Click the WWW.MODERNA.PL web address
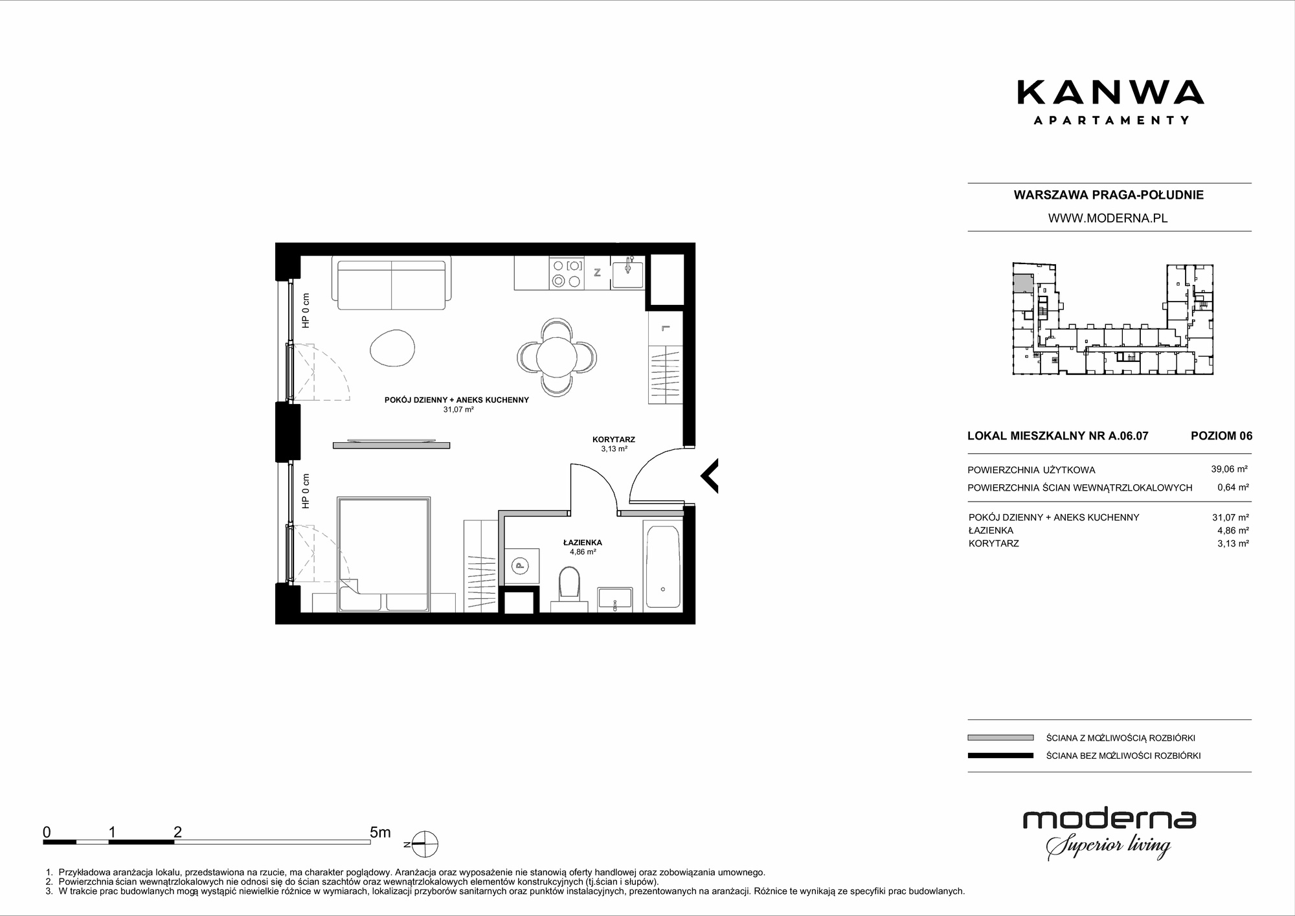tap(1108, 219)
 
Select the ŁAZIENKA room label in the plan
tap(583, 542)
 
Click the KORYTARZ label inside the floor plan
tap(614, 440)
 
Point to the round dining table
tap(557, 357)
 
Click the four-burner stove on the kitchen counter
tap(566, 273)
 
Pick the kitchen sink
tap(627, 274)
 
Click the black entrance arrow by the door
tap(709, 476)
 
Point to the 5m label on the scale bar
tap(380, 832)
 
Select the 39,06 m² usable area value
tap(1230, 469)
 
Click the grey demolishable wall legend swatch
tap(1000, 737)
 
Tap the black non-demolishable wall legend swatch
tap(1000, 755)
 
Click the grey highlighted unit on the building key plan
tap(1023, 284)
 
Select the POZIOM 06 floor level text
tap(1222, 436)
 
